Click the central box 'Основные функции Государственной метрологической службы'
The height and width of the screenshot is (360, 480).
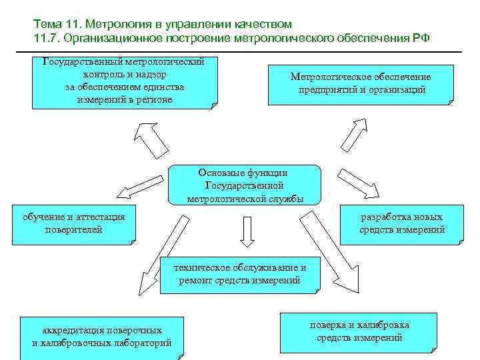click(245, 185)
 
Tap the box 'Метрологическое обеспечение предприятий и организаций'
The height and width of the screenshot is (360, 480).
click(360, 84)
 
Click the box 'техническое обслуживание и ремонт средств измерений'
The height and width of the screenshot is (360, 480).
click(240, 274)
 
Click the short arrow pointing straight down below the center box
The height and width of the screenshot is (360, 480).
click(246, 231)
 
